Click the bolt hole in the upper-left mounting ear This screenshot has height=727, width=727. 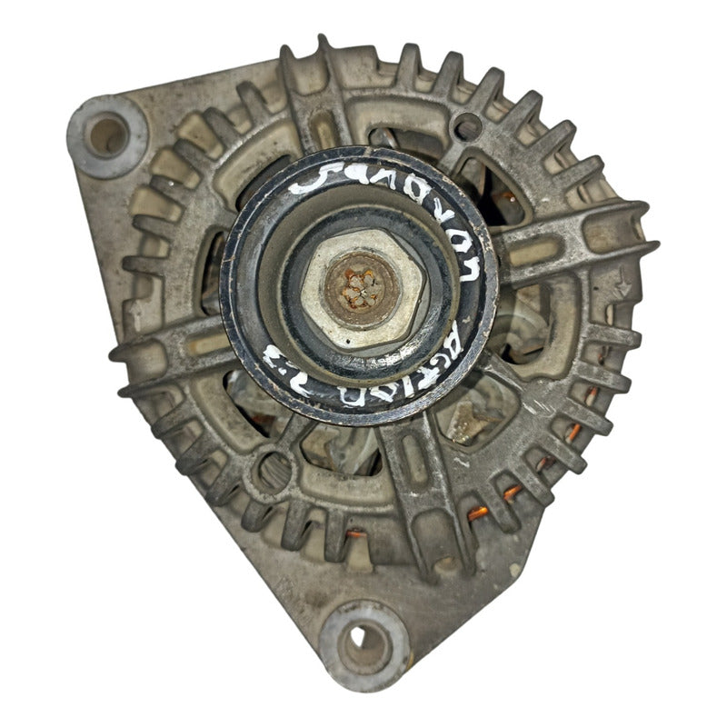[107, 137]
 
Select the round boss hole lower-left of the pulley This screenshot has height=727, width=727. [273, 472]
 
